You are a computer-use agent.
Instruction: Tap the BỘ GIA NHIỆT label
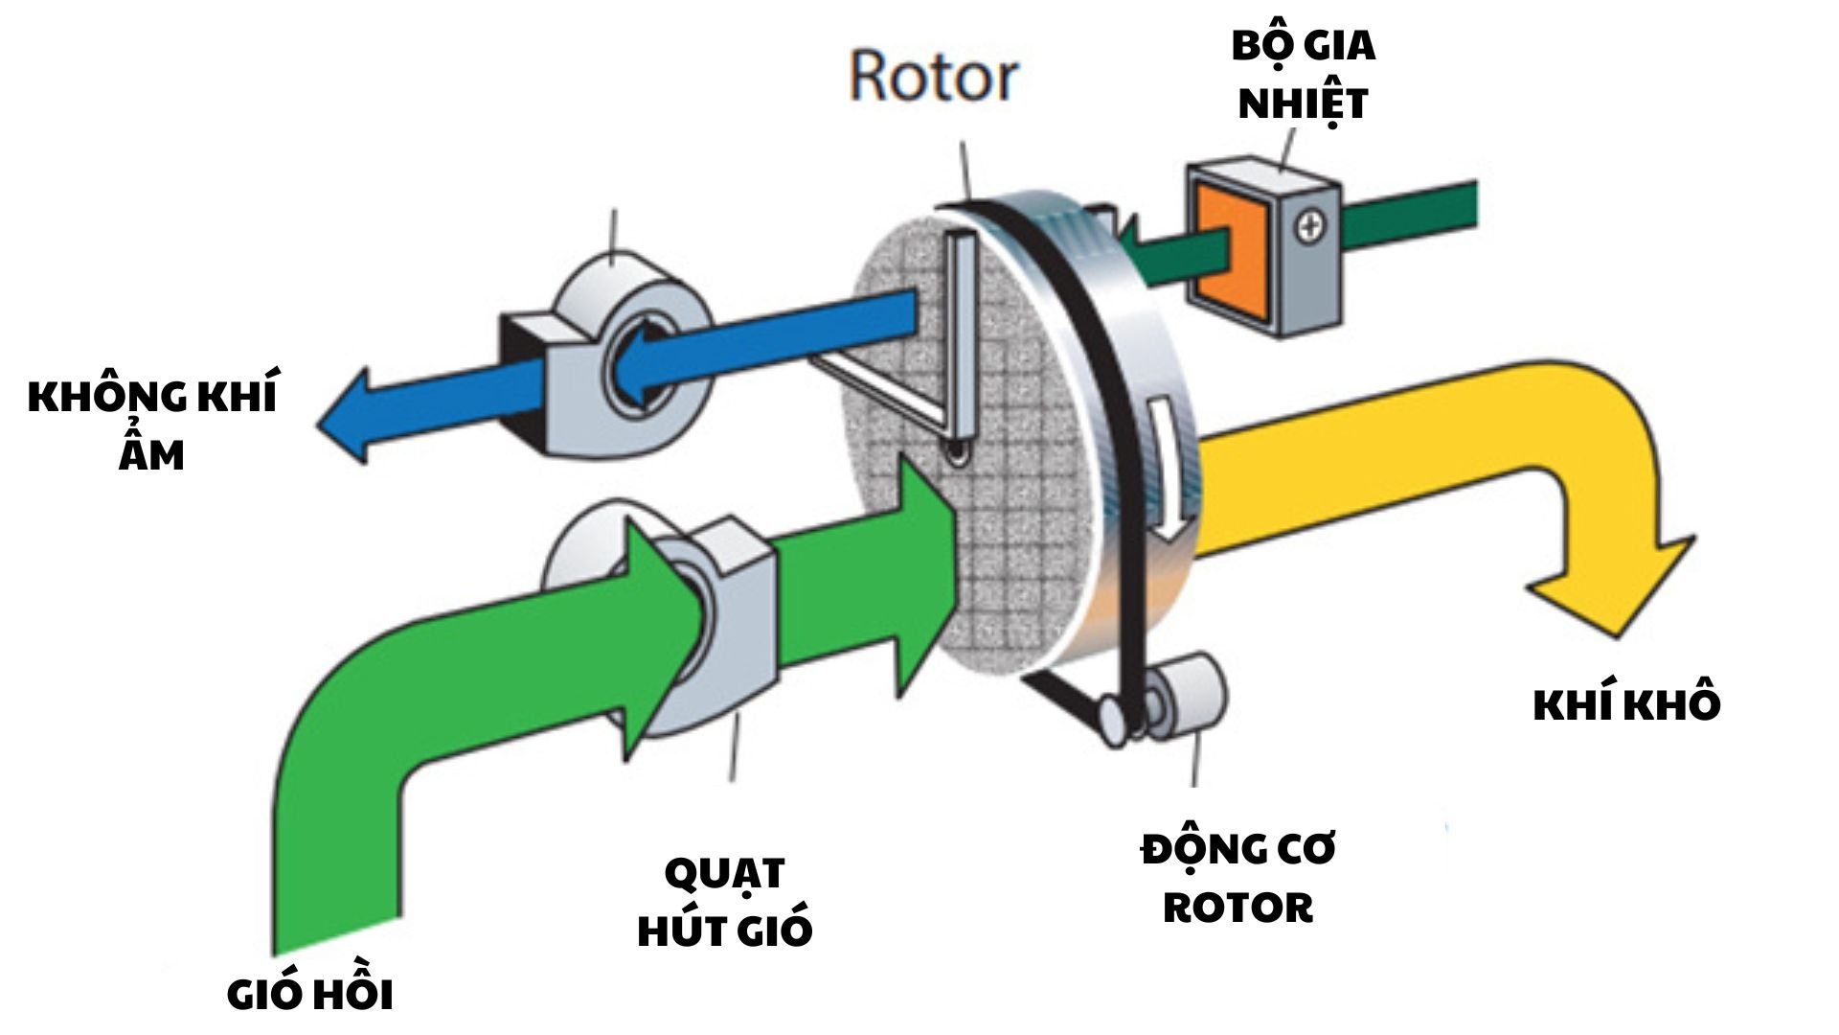[x=1303, y=75]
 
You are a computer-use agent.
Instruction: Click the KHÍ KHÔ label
[x=1626, y=705]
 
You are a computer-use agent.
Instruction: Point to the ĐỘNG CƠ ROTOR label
[x=1237, y=878]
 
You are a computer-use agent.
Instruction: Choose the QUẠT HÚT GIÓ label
[x=725, y=901]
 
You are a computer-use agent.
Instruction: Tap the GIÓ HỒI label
[x=310, y=995]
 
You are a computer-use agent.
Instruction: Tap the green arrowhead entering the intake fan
[x=661, y=632]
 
